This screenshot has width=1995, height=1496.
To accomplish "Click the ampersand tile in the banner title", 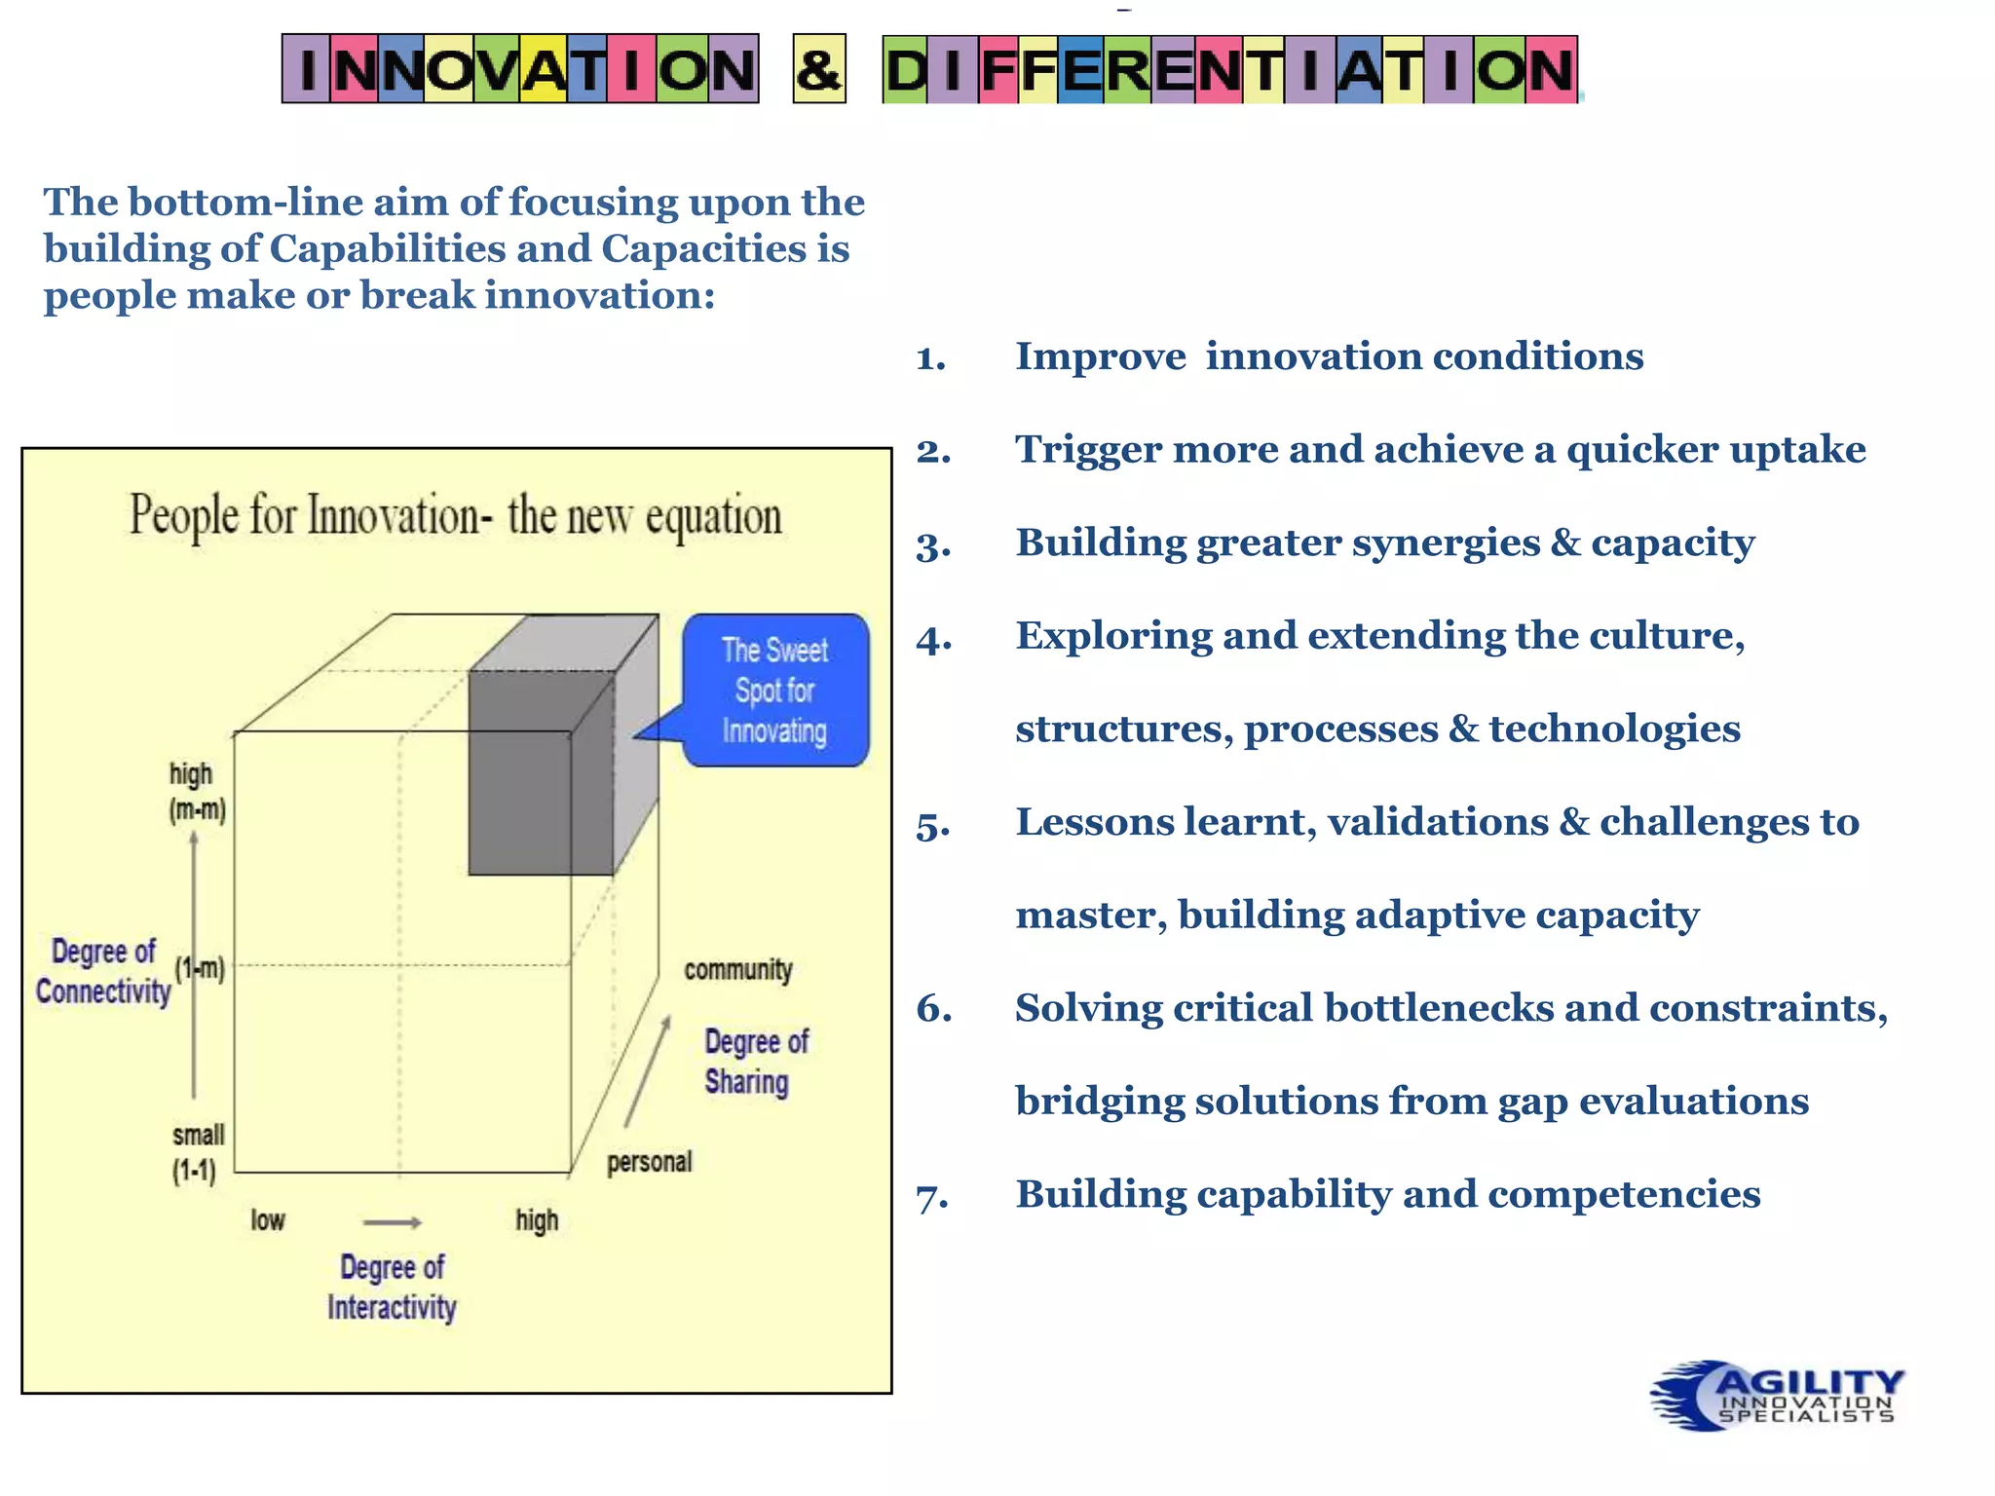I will point(818,69).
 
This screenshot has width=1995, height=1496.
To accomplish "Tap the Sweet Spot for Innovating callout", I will point(775,690).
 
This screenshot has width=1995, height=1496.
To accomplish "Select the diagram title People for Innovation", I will point(456,516).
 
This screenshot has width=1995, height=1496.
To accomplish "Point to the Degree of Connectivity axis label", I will point(102,971).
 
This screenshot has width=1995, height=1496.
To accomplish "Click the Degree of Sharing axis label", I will point(755,1062).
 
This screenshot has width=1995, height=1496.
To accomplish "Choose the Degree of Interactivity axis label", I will point(392,1288).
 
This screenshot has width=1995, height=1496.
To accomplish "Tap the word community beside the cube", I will point(738,970).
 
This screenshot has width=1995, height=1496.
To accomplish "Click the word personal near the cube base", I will point(649,1162).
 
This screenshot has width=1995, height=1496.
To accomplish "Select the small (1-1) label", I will point(197,1153).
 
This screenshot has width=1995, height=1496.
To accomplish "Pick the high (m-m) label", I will point(197,792).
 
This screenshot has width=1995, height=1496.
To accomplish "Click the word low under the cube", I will point(268,1220).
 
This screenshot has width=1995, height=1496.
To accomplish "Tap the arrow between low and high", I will point(392,1222).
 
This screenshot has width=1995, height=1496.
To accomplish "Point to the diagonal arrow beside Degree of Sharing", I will point(648,1070).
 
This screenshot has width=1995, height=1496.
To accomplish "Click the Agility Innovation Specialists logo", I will point(1777,1396).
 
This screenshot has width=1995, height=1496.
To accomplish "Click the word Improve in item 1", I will point(1100,356).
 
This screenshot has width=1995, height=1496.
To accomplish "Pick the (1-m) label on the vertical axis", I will point(200,969).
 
